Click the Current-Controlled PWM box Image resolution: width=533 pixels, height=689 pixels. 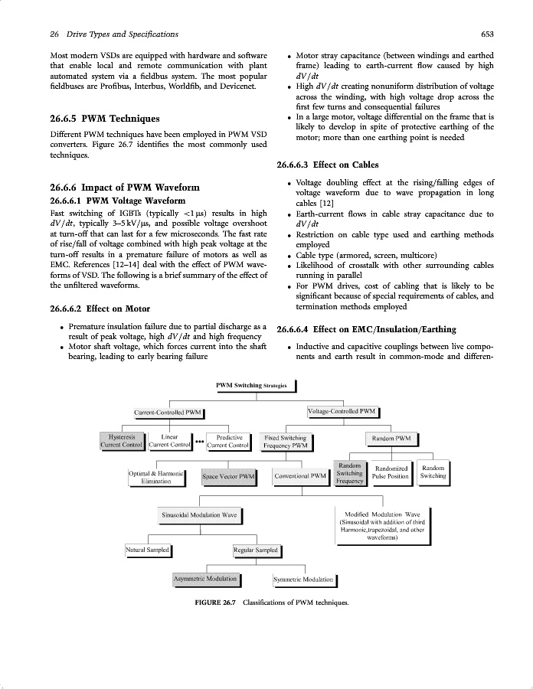tap(168, 413)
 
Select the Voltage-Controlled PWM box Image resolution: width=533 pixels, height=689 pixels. tap(342, 411)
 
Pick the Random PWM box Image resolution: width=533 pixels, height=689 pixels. tap(391, 439)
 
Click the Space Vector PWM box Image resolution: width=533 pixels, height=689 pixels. tap(228, 477)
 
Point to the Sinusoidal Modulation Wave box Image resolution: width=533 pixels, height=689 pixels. tap(198, 515)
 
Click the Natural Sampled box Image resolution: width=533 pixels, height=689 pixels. tap(147, 550)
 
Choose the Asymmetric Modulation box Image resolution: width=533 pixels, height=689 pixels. tap(204, 580)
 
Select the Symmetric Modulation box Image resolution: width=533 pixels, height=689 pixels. tap(302, 580)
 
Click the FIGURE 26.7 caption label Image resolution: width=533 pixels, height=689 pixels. tap(217, 602)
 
